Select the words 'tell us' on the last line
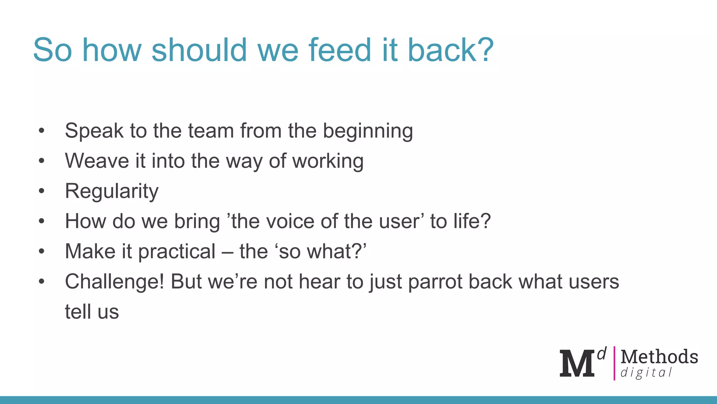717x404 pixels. [92, 312]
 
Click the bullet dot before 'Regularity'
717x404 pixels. [42, 191]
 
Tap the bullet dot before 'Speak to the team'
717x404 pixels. [42, 131]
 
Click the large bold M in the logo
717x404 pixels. [577, 364]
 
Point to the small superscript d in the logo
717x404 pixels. [601, 354]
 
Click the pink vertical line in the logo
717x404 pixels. [614, 363]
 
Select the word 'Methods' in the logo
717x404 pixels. [659, 357]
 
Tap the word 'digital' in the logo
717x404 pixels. [646, 372]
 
